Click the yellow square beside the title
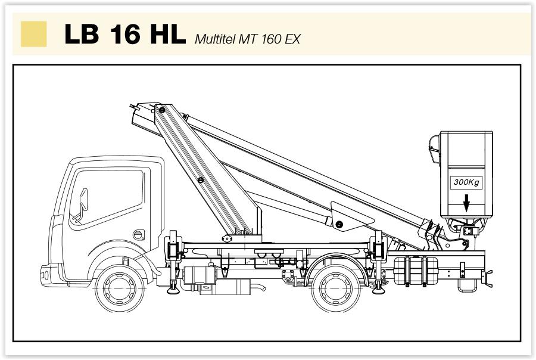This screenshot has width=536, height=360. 34,33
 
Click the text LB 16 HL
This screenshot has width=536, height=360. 125,33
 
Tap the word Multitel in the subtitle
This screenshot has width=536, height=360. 215,39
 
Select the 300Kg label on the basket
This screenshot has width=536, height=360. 466,182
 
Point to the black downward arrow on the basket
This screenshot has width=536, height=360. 466,203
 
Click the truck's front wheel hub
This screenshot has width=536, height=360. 119,289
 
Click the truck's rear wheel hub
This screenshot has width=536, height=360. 336,289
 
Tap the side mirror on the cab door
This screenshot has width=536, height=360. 83,200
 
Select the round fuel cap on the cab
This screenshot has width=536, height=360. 138,235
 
